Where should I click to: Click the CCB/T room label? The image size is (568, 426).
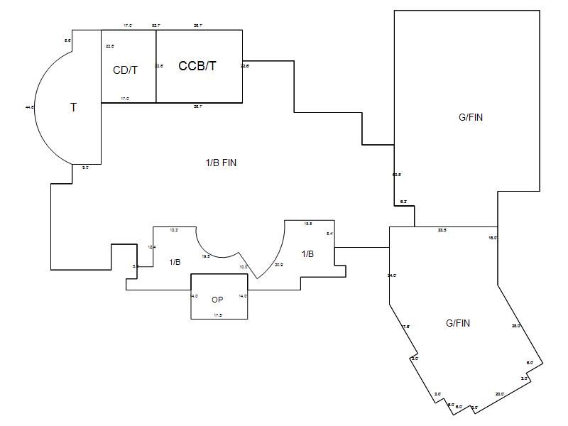197,66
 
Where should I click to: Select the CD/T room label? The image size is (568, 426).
125,70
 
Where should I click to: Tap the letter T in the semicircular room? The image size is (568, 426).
73,107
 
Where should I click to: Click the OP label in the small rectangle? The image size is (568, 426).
218,300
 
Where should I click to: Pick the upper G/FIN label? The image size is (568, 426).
470,117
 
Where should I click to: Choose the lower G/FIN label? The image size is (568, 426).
458,323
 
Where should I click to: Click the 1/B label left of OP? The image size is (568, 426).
175,262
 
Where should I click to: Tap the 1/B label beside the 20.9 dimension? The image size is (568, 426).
307,253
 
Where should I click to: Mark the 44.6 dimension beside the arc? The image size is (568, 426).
30,107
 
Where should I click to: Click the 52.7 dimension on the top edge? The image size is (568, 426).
155,26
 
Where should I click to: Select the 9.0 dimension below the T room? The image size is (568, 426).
85,168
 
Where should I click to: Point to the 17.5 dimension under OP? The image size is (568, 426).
218,315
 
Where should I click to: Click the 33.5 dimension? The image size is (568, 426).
442,230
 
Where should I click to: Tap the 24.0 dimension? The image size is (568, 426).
392,275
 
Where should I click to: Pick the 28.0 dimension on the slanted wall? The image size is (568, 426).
516,326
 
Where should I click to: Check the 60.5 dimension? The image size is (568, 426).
397,174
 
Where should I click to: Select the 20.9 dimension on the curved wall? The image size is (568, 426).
278,265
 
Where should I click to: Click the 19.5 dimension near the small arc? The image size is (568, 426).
206,256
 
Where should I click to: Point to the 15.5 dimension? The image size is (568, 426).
308,224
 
